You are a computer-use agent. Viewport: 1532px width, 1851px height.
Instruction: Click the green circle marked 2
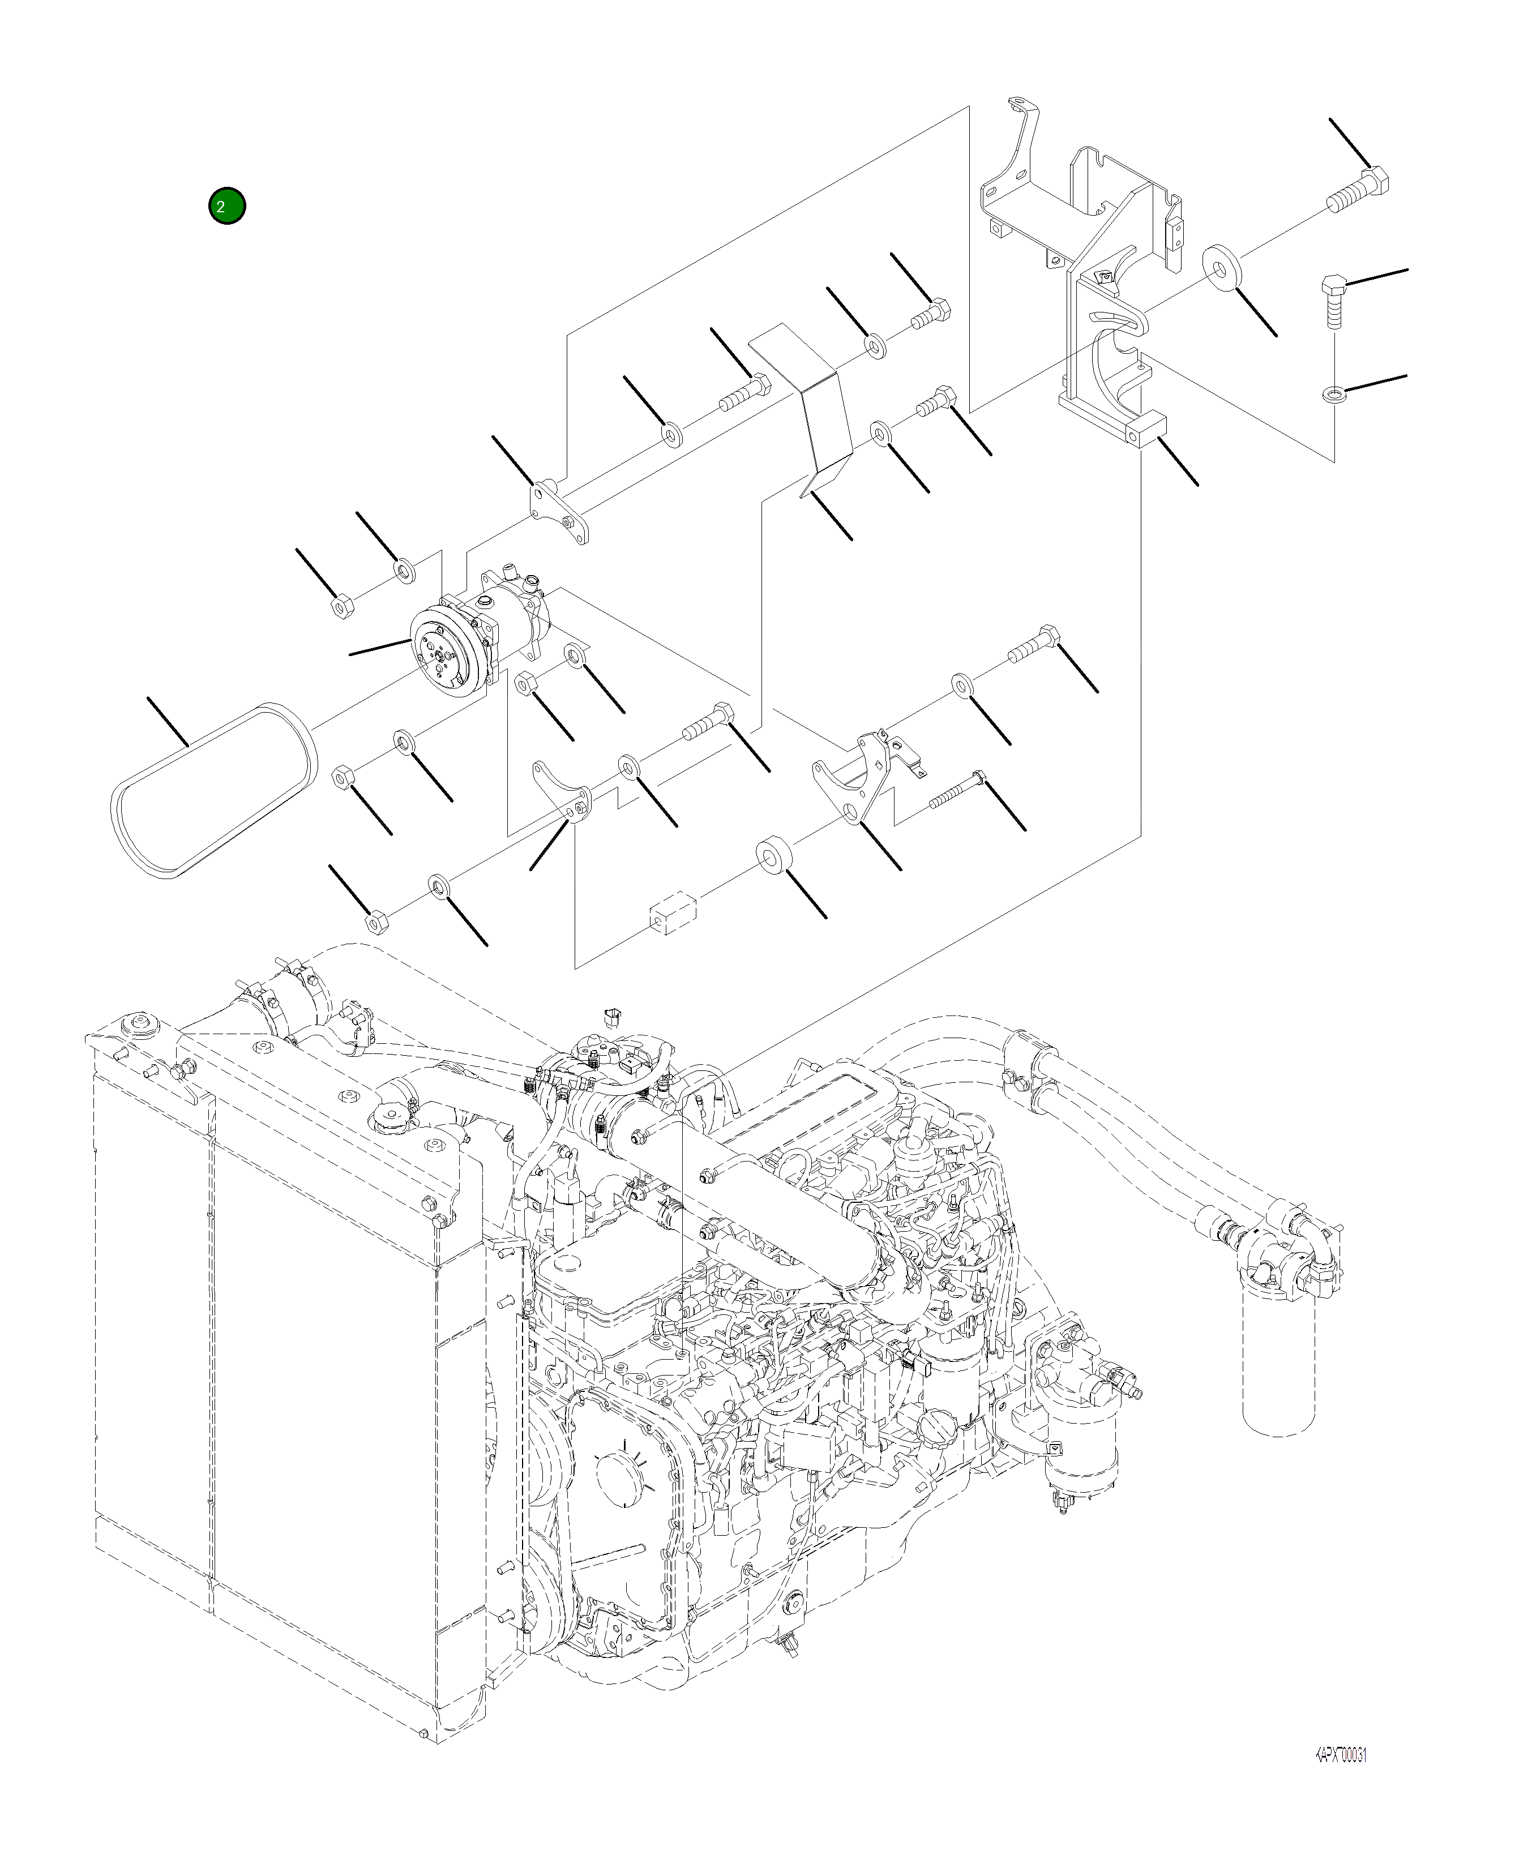pos(226,206)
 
